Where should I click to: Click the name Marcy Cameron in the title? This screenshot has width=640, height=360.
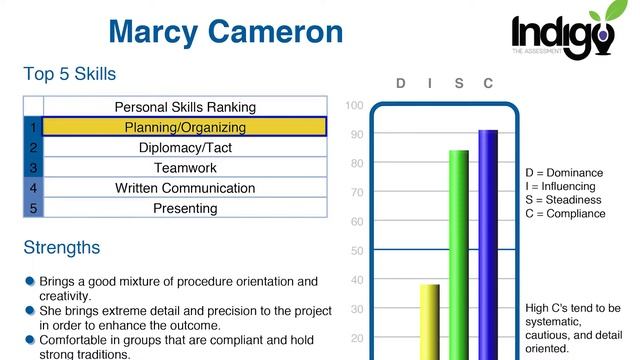tap(225, 31)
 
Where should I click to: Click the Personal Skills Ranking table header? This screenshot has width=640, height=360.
tap(185, 107)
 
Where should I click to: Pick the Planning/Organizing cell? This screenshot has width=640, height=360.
tap(185, 128)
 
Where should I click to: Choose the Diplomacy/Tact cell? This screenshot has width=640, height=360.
tap(185, 148)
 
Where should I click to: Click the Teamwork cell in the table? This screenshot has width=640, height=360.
tap(185, 168)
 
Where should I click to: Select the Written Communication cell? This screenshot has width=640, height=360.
tap(185, 188)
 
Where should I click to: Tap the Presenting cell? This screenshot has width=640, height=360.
tap(185, 208)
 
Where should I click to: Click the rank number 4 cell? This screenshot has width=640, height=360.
tap(33, 188)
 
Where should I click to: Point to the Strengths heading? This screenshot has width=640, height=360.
tap(61, 247)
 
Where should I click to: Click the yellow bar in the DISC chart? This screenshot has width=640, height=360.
tap(429, 320)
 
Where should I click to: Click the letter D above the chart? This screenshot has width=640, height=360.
tap(401, 83)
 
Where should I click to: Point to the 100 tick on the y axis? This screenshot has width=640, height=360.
tap(354, 105)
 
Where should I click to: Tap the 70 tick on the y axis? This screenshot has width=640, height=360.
tap(356, 192)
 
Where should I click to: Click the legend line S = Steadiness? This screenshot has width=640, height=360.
tap(565, 200)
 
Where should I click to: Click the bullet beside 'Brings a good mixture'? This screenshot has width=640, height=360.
tap(30, 282)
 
